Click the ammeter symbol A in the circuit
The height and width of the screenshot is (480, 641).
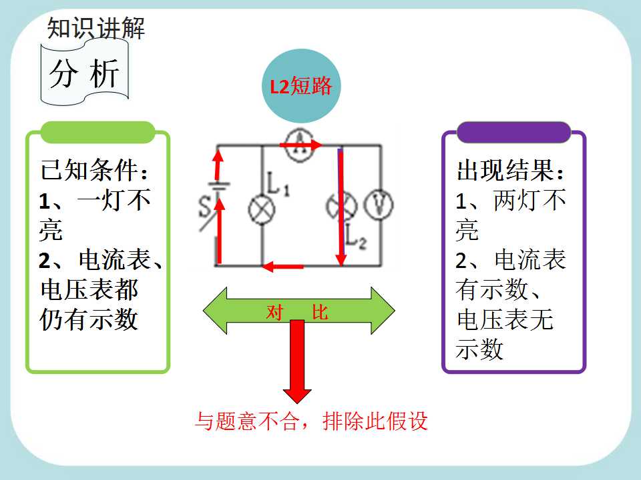click(300, 145)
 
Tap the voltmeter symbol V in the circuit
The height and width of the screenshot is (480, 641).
click(379, 205)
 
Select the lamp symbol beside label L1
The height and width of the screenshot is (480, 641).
click(262, 209)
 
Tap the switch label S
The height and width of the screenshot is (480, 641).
click(204, 207)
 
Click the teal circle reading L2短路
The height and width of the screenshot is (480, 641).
click(301, 86)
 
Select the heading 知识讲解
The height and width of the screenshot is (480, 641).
click(96, 28)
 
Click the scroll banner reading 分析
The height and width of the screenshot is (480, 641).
click(85, 73)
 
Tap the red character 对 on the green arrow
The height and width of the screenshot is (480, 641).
click(274, 312)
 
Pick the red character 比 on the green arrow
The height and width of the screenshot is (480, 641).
click(320, 312)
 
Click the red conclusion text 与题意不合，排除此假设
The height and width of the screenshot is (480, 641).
click(311, 421)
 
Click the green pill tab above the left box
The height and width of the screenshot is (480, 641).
click(97, 132)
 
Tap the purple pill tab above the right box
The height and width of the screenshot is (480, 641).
click(513, 132)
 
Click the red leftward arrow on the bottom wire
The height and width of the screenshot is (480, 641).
click(283, 267)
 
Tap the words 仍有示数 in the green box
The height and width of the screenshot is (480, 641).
click(89, 319)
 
